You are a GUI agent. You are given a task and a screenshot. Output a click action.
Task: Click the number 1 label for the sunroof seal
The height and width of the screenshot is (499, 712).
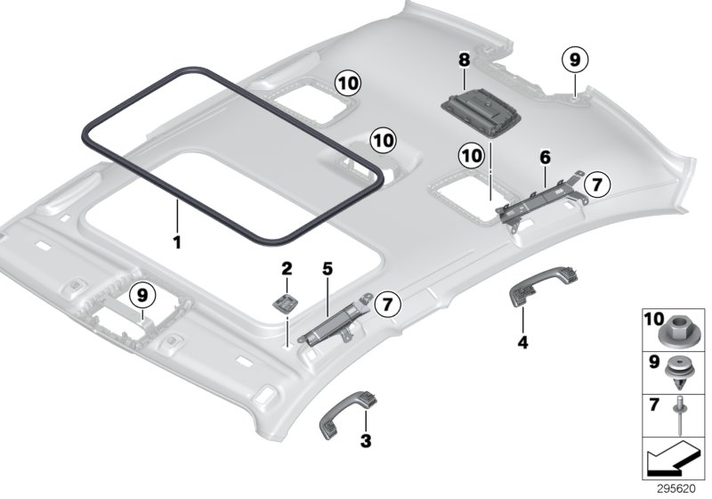pos(176,241)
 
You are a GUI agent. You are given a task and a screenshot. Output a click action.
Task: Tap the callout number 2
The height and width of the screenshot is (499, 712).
pos(287,268)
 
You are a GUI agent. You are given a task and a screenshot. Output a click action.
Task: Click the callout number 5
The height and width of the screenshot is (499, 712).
pos(327,268)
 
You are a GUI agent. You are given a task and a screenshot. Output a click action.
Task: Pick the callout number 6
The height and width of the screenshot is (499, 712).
pos(545,157)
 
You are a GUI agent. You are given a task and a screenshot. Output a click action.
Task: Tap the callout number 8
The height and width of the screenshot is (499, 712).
pos(463,60)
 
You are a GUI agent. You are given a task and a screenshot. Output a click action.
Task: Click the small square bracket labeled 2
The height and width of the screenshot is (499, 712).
pos(286,302)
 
